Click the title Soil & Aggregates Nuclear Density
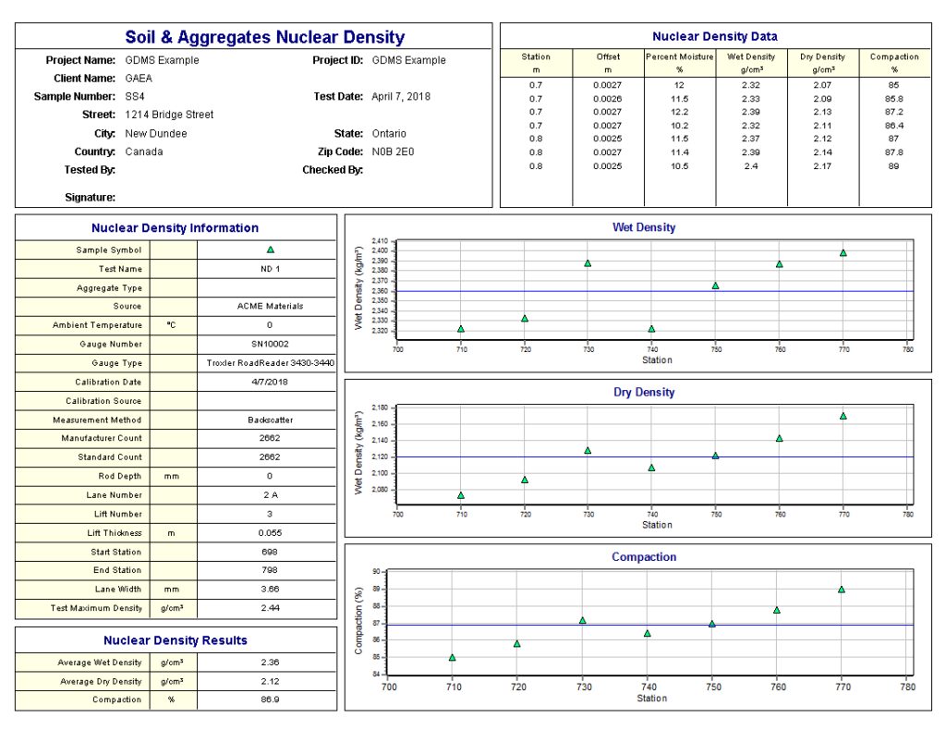tap(264, 38)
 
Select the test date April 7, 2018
tap(400, 96)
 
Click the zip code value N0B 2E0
tap(393, 152)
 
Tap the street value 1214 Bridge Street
tap(169, 115)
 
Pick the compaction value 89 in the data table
tap(893, 166)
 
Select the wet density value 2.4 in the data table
tap(751, 166)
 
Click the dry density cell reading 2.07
tap(822, 85)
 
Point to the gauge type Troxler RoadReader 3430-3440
tap(270, 363)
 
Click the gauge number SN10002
tap(270, 344)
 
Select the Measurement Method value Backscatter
tap(270, 420)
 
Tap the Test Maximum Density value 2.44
tap(270, 608)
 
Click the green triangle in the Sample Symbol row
tap(270, 249)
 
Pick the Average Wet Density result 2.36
tap(270, 663)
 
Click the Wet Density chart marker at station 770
tap(843, 253)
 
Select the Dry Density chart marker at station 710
tap(460, 496)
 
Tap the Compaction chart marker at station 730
tap(582, 621)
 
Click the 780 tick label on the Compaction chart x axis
tap(907, 687)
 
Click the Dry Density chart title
tap(644, 393)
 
